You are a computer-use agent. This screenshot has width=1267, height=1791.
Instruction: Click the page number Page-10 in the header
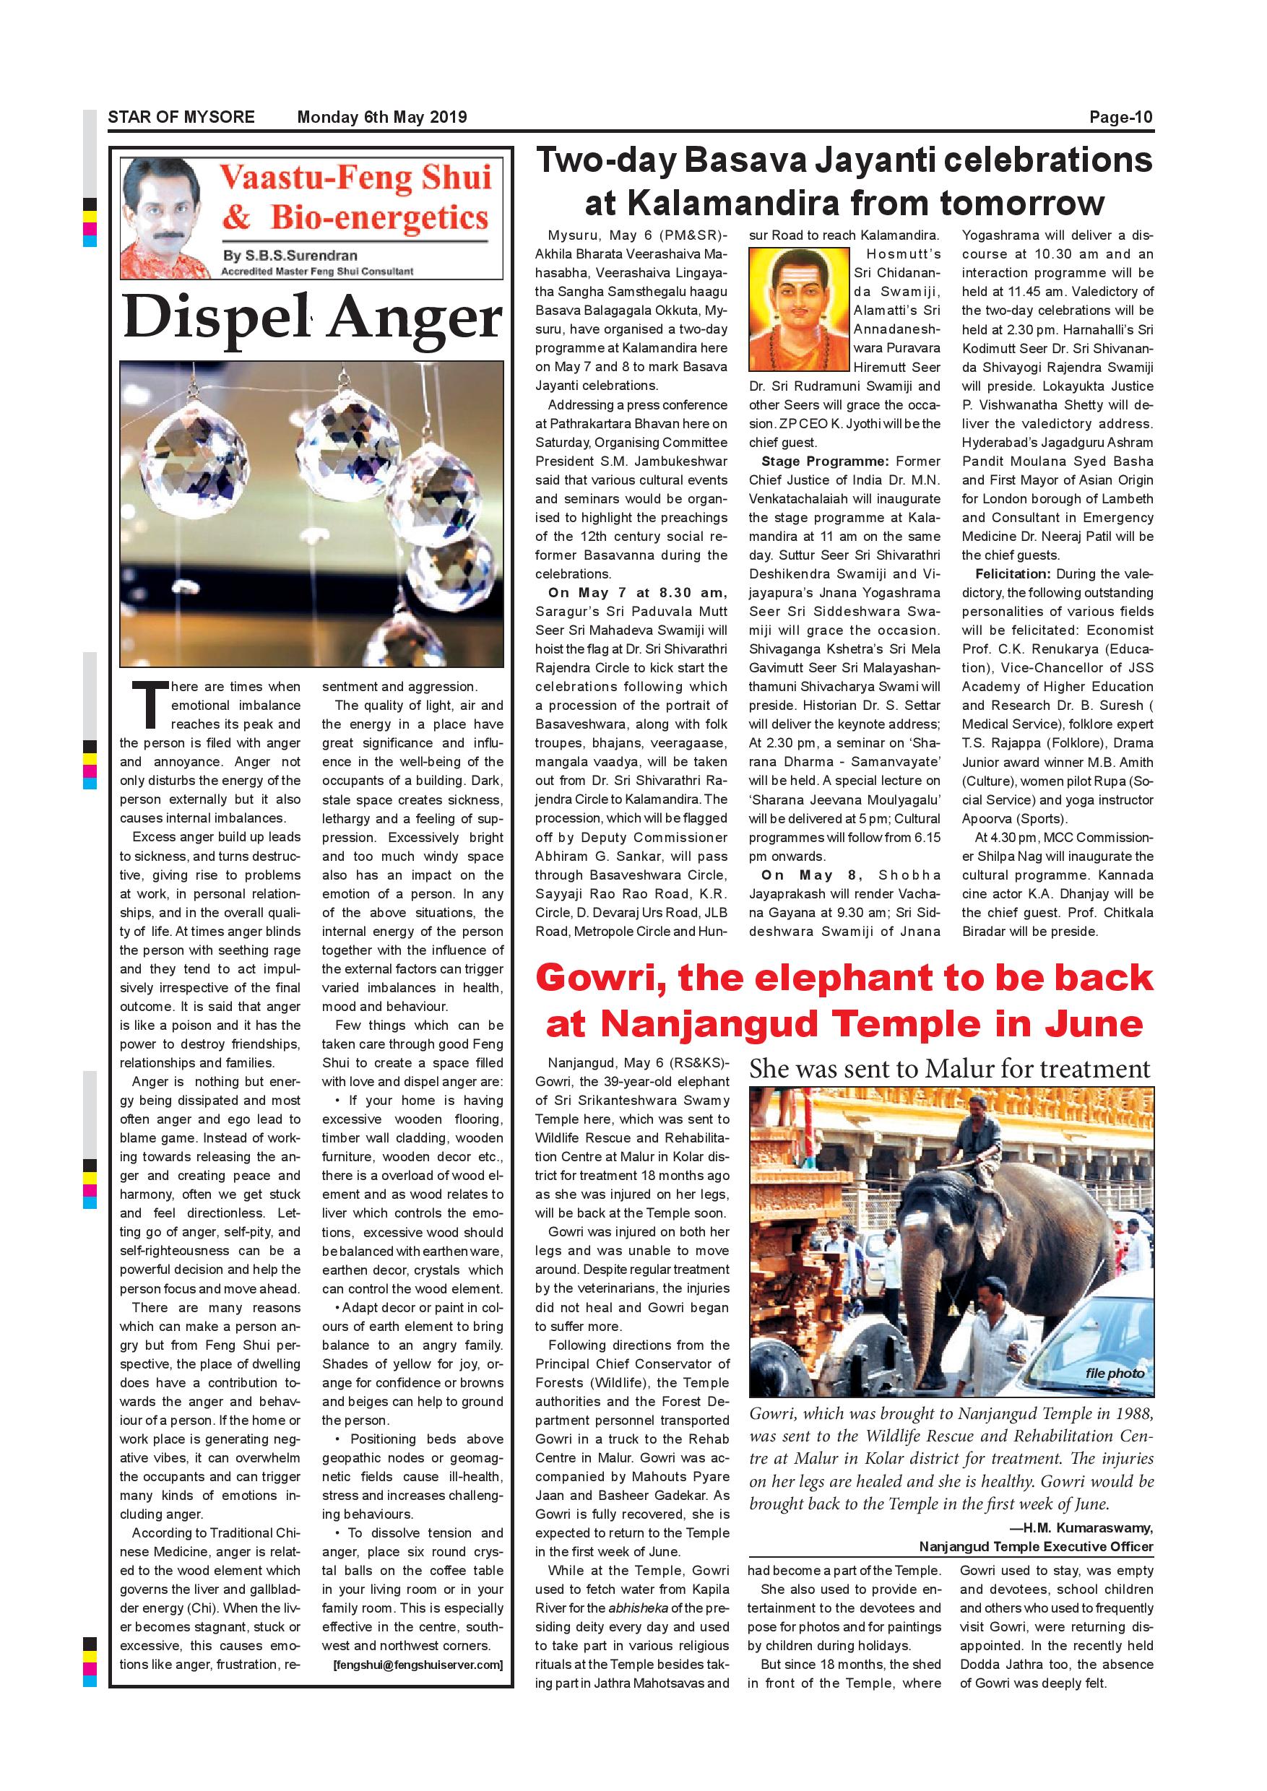[x=1120, y=118]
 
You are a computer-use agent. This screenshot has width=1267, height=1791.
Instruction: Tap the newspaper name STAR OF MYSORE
[x=181, y=118]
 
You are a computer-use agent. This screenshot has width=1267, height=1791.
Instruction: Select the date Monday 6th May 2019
[x=381, y=118]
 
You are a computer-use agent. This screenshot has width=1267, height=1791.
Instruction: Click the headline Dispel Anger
[x=312, y=319]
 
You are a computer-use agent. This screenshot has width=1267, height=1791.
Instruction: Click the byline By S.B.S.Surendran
[x=290, y=255]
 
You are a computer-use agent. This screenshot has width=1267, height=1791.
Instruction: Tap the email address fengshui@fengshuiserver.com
[x=418, y=1665]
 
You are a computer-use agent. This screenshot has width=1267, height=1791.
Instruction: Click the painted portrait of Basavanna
[x=797, y=309]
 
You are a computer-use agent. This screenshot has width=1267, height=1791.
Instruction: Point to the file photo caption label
[x=1114, y=1373]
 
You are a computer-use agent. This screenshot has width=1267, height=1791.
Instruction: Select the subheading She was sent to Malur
[x=948, y=1069]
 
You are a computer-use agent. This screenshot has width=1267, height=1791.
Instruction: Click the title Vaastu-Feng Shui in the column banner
[x=356, y=178]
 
